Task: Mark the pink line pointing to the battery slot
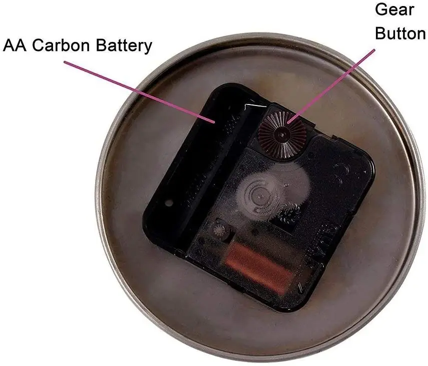coord(140,91)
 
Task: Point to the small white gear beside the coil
coord(219,231)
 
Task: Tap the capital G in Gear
coord(380,9)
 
